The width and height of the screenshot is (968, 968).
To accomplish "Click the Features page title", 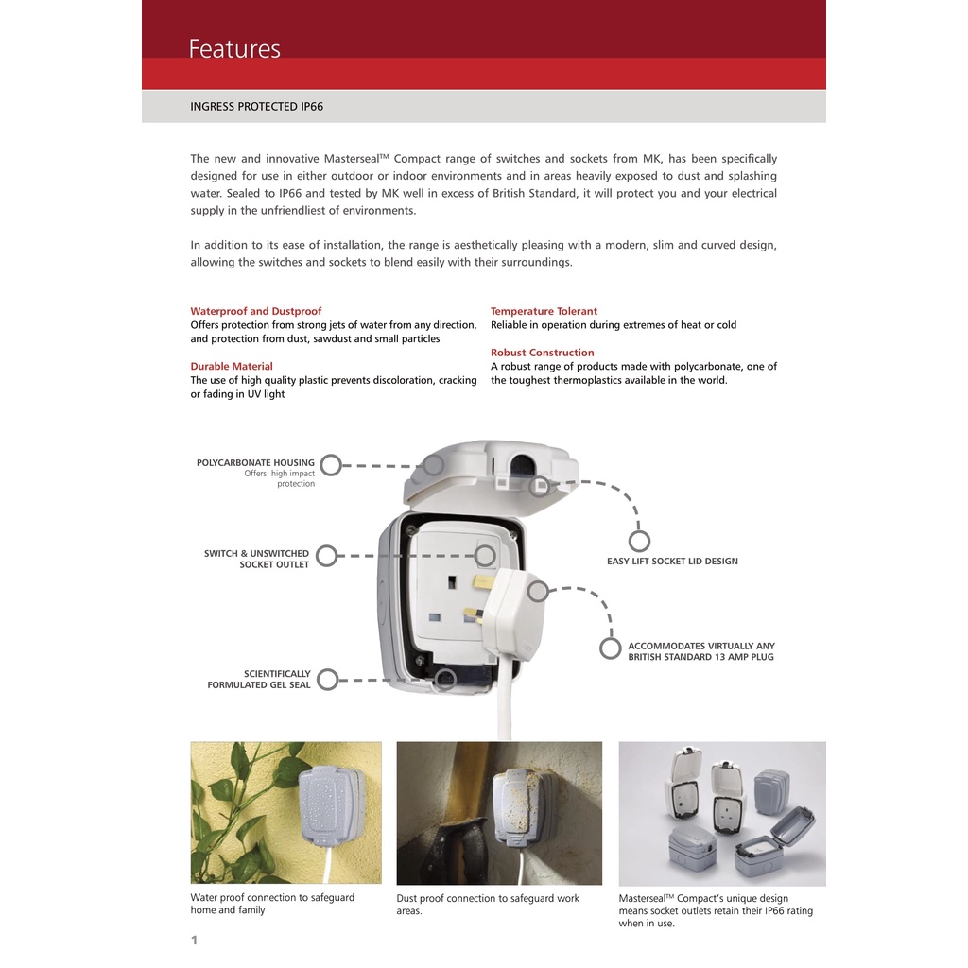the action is click(234, 49).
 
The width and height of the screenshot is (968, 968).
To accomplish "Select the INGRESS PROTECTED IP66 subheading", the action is click(256, 106).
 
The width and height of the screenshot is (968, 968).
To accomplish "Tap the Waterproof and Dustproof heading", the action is click(255, 311).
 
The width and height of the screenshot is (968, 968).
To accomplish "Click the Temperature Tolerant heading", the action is click(544, 311).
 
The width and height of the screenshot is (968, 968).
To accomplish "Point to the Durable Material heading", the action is click(232, 366).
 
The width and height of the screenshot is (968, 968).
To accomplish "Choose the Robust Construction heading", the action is click(542, 353).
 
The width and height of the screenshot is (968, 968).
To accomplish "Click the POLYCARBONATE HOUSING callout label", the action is click(255, 462).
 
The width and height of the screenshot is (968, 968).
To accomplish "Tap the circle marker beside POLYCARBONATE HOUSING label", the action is click(331, 465).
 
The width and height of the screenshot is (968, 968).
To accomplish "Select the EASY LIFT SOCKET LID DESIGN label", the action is click(672, 562).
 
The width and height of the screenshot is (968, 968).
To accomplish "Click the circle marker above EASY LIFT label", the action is click(639, 542).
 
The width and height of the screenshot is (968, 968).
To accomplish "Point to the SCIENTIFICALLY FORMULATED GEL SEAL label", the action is click(259, 679).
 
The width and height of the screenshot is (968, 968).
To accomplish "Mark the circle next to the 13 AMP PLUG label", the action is click(610, 648).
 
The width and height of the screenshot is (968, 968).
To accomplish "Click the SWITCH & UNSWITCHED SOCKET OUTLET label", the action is click(256, 559).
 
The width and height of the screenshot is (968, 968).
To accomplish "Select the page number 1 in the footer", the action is click(194, 940).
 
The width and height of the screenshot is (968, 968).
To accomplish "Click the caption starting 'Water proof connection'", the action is click(272, 904).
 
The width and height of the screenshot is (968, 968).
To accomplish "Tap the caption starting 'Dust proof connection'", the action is click(488, 905).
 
